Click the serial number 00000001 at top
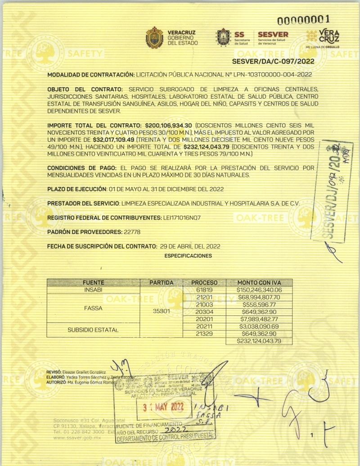pos(303,19)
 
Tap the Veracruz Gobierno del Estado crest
pos(154,38)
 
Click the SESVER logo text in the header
pos(273,35)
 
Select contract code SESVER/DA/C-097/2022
pos(273,62)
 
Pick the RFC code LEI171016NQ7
pos(182,217)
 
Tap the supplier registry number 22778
pos(132,232)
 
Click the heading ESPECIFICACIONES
pos(188,256)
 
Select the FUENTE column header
pos(93,282)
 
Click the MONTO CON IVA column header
pos(259,282)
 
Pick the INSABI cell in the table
pos(93,290)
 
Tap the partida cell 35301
pos(162,311)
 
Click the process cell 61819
pos(204,290)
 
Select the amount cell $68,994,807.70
pos(259,297)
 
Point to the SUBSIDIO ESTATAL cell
pos(93,330)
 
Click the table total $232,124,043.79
pos(259,341)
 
